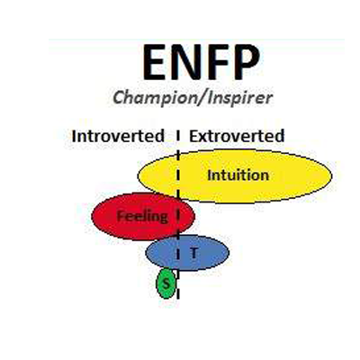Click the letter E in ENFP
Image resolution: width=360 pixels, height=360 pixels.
coord(155,63)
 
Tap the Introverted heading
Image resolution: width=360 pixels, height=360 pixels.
coord(118,136)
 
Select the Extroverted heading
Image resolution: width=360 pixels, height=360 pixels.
coord(237,136)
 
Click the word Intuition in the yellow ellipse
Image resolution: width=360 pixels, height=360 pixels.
coord(238,175)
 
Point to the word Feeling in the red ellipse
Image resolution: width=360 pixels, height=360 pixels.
coord(142,217)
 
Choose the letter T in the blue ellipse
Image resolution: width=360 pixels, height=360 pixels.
coord(194,253)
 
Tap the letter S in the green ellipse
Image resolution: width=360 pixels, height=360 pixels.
coord(166,283)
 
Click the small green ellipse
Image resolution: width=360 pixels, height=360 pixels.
coord(166,283)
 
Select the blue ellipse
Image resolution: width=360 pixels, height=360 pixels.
coord(187,253)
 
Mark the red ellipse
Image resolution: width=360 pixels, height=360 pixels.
coord(143,216)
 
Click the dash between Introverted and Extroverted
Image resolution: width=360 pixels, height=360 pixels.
coord(178,136)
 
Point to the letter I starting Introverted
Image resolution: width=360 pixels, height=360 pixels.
coord(74,136)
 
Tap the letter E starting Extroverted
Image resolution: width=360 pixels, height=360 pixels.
coord(193,136)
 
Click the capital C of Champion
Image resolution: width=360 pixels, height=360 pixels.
coord(119,97)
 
